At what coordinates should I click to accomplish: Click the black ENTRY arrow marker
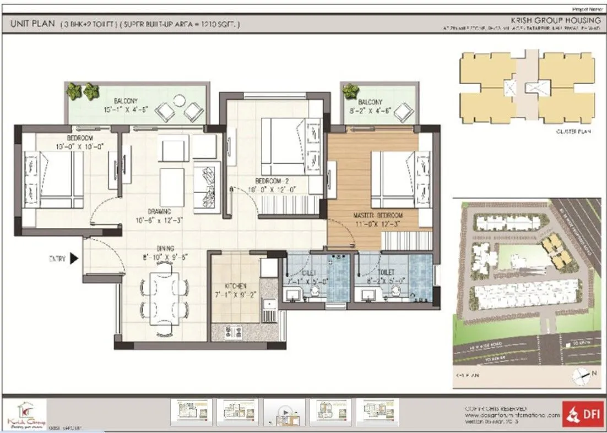pyautogui.click(x=74, y=259)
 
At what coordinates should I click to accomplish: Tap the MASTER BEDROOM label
pyautogui.click(x=379, y=215)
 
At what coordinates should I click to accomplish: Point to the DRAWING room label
pyautogui.click(x=159, y=211)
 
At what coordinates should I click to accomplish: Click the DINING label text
pyautogui.click(x=165, y=248)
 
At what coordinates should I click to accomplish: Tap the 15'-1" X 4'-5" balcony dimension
pyautogui.click(x=126, y=109)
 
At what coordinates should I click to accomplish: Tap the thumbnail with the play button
pyautogui.click(x=284, y=412)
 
